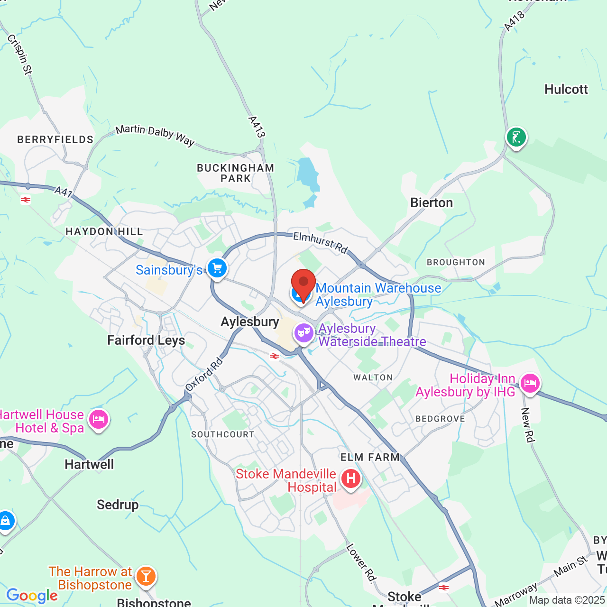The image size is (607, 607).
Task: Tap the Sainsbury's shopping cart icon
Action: pyautogui.click(x=217, y=268)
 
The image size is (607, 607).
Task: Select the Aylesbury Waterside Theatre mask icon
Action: pyautogui.click(x=303, y=333)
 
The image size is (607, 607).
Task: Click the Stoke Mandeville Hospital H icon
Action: pyautogui.click(x=351, y=478)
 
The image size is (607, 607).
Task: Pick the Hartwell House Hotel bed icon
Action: pyautogui.click(x=99, y=419)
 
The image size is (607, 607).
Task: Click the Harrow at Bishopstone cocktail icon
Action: pyautogui.click(x=146, y=576)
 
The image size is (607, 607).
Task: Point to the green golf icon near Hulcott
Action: pyautogui.click(x=516, y=138)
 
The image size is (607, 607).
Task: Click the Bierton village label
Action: pyautogui.click(x=432, y=203)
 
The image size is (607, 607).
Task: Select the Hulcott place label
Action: pyautogui.click(x=566, y=90)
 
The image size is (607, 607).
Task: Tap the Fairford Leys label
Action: pyautogui.click(x=146, y=340)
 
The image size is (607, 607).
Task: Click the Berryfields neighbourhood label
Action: pyautogui.click(x=55, y=139)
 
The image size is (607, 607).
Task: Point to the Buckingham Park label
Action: pyautogui.click(x=236, y=173)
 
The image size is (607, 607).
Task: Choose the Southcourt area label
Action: pyautogui.click(x=223, y=434)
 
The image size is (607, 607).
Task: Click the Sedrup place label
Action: pyautogui.click(x=118, y=505)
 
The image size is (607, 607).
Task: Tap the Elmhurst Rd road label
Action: pyautogui.click(x=321, y=242)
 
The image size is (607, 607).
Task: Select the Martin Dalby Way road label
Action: pyautogui.click(x=155, y=135)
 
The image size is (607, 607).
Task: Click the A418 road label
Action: pyautogui.click(x=515, y=21)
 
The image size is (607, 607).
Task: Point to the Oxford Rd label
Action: pyautogui.click(x=204, y=375)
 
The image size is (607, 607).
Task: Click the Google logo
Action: pyautogui.click(x=32, y=596)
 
